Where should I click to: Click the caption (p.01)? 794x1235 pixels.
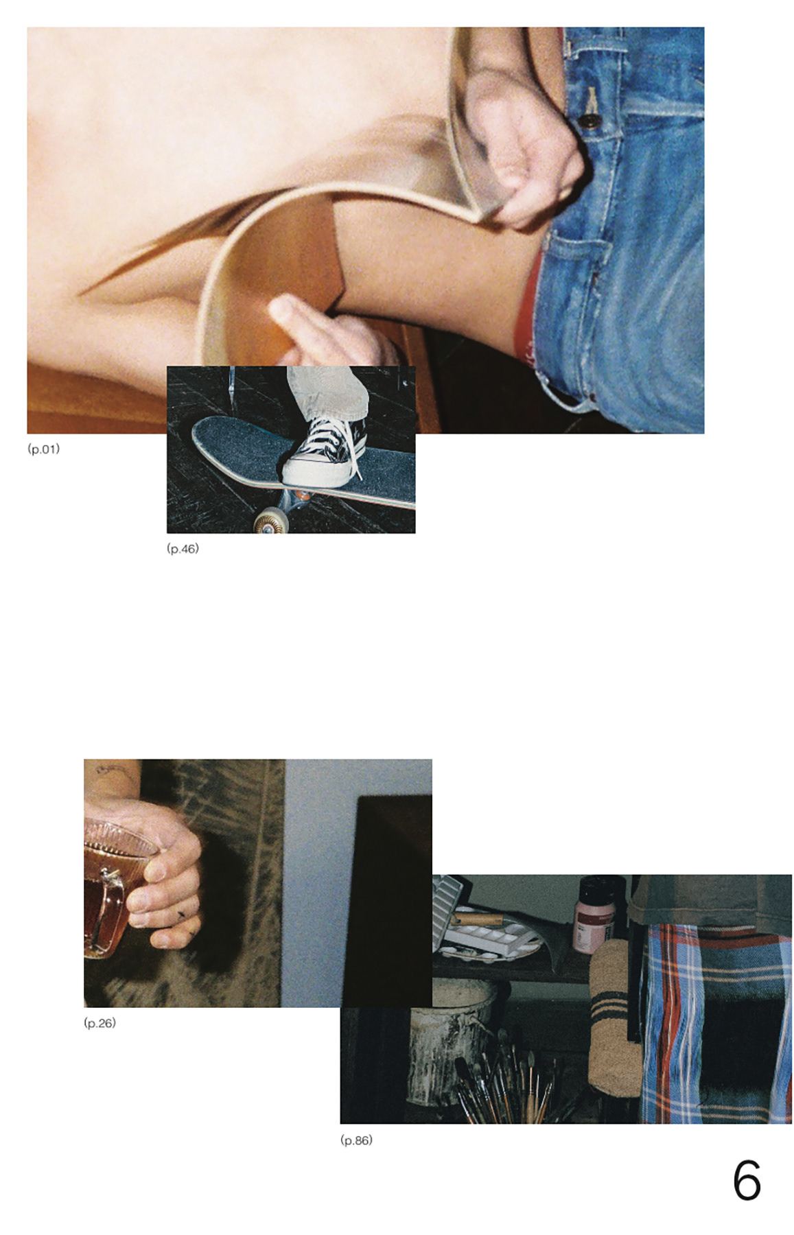(x=43, y=449)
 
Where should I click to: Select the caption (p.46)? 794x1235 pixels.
(x=183, y=548)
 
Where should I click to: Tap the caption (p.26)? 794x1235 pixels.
(x=100, y=1023)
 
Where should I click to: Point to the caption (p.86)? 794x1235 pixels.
(x=356, y=1140)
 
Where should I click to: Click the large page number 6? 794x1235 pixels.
(x=747, y=1181)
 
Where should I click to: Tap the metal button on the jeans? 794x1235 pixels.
(x=587, y=122)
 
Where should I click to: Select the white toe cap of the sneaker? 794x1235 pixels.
(x=303, y=471)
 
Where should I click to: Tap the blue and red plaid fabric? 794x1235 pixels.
(x=714, y=1022)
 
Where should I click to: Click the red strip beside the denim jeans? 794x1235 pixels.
(x=528, y=309)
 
